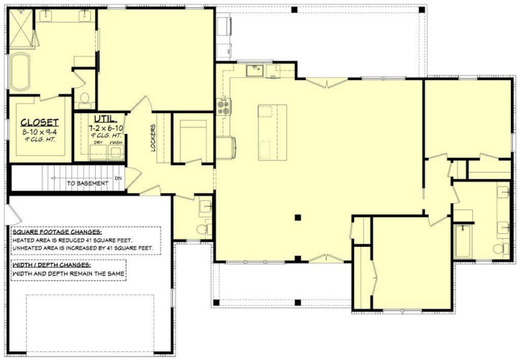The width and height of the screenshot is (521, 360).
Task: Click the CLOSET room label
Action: (x=40, y=122)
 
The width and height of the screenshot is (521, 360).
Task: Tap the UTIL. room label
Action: (x=105, y=119)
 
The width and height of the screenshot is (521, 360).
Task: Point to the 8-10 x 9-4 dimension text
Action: (x=40, y=132)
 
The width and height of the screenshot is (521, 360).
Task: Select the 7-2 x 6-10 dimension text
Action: (x=106, y=127)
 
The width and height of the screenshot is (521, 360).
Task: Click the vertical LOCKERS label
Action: (x=153, y=138)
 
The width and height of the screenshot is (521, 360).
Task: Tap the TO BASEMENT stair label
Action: (x=88, y=183)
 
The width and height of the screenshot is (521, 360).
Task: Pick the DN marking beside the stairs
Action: (x=118, y=178)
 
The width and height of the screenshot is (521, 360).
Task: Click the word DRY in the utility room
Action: (x=99, y=143)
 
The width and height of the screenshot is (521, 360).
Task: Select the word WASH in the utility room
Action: (x=116, y=143)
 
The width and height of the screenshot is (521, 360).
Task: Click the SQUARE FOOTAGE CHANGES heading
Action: (x=57, y=232)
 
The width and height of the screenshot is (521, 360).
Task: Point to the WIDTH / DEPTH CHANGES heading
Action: (x=52, y=265)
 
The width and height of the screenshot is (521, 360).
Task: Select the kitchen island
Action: (x=273, y=132)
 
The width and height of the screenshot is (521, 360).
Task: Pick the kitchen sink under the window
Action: (x=255, y=71)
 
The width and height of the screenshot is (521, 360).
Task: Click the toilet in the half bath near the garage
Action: (x=202, y=229)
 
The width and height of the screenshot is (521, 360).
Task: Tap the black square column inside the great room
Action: (x=298, y=217)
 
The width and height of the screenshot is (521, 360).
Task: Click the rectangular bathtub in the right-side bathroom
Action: (x=463, y=242)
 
